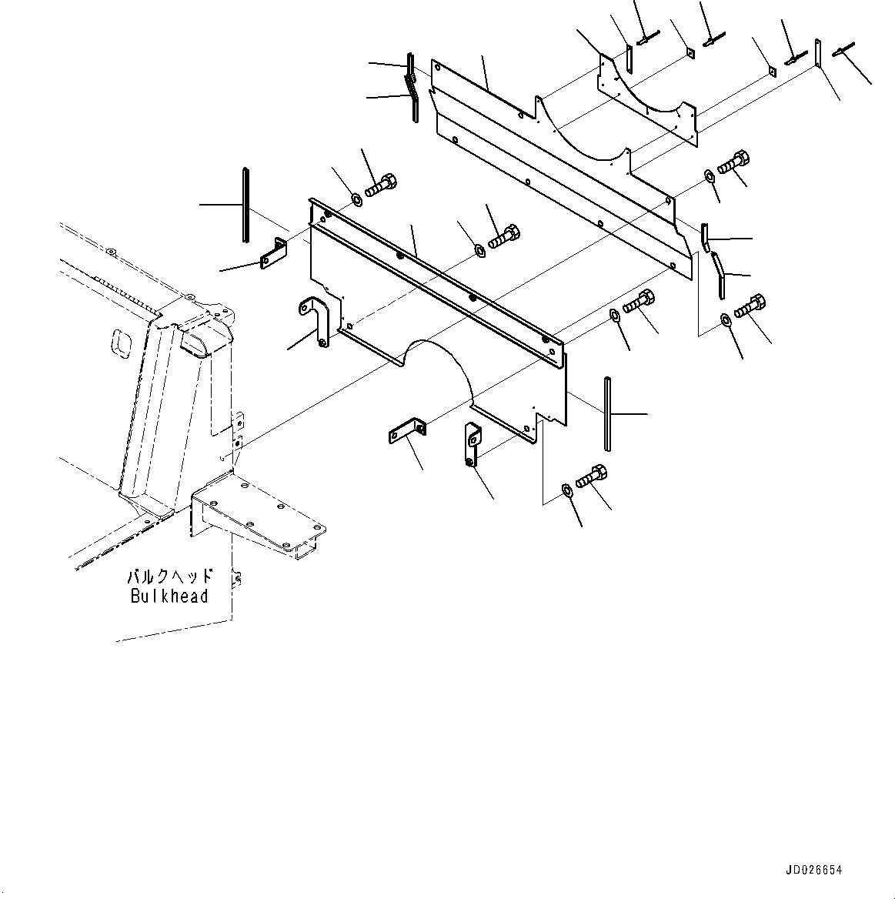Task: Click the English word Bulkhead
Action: pos(169,596)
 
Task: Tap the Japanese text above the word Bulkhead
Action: pos(169,577)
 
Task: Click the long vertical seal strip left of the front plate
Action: pos(245,205)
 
